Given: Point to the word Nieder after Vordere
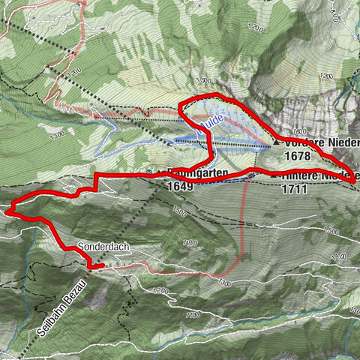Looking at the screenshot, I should pos(342,142).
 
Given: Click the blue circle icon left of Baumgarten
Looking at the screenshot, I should pos(149,172).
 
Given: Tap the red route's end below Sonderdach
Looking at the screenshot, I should pos(101,265).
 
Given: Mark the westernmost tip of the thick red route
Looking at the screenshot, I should pos(6,211).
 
